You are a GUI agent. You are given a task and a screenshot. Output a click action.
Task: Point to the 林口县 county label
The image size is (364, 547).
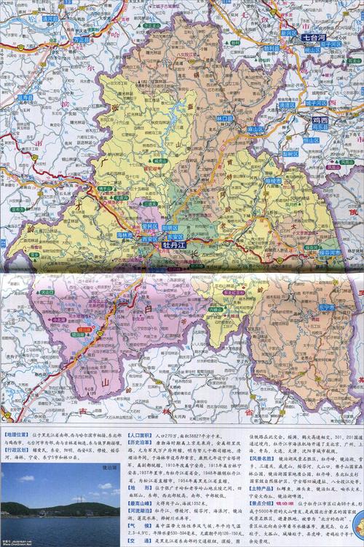[x=225, y=118]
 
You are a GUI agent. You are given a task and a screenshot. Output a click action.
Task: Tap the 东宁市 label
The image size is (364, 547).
[x=325, y=307]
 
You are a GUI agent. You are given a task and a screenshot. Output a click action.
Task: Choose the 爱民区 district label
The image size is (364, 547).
[x=150, y=226]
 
